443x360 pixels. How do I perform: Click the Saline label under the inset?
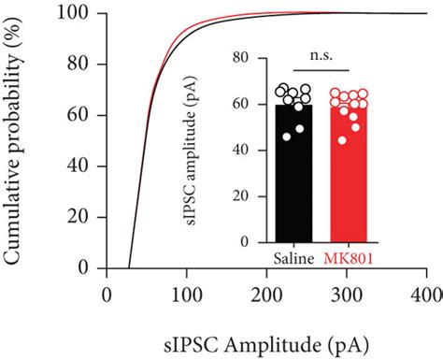tap(293, 256)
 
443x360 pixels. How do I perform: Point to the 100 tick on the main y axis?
tap(76, 14)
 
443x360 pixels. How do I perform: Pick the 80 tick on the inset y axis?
tap(244, 59)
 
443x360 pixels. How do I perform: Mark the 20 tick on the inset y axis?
tap(244, 195)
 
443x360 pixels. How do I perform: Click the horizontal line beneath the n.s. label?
tap(323, 71)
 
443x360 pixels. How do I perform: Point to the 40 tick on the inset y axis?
tap(244, 150)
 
